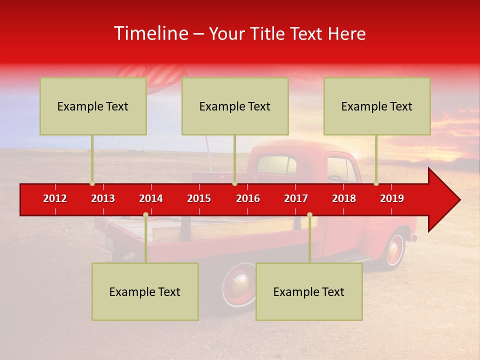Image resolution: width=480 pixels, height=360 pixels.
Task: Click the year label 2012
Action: tap(55, 198)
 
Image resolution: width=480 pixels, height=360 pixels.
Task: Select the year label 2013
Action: tap(103, 198)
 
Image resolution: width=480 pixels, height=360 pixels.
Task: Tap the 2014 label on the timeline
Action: tap(151, 198)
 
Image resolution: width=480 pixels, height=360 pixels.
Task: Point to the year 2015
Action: tap(199, 198)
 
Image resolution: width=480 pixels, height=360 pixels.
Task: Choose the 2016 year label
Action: tap(248, 198)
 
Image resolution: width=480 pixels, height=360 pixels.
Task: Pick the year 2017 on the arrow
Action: tap(296, 198)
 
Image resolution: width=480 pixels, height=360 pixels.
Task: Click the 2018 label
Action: tap(344, 198)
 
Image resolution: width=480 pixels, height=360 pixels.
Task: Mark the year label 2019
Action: tap(392, 198)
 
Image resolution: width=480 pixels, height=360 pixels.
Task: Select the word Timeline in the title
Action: tap(150, 33)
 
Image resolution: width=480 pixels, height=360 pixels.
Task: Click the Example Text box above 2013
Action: tap(93, 106)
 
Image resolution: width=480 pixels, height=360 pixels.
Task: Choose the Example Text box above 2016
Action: tap(235, 106)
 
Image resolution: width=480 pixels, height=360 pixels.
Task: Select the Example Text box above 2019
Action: tap(377, 106)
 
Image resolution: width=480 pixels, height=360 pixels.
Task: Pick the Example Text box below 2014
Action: tap(145, 291)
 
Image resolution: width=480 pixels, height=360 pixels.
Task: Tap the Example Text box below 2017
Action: tap(309, 291)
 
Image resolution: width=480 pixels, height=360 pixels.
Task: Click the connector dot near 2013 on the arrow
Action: tap(92, 183)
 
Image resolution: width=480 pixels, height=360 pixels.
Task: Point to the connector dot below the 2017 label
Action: tap(309, 215)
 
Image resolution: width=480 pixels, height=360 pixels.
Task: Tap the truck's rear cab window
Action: tap(276, 165)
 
